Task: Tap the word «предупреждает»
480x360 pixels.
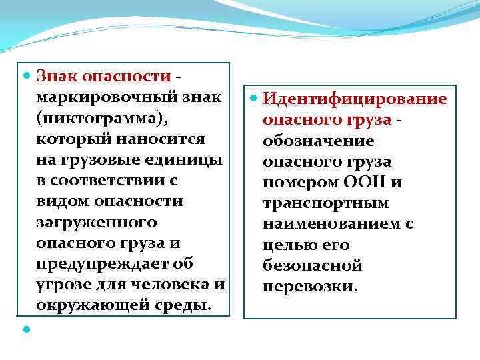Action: [100, 263]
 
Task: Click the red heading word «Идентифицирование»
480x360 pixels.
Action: [355, 100]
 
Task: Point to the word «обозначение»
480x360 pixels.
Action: [319, 141]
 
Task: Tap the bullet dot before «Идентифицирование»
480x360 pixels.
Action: [253, 99]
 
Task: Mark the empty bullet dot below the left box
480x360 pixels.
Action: [27, 329]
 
